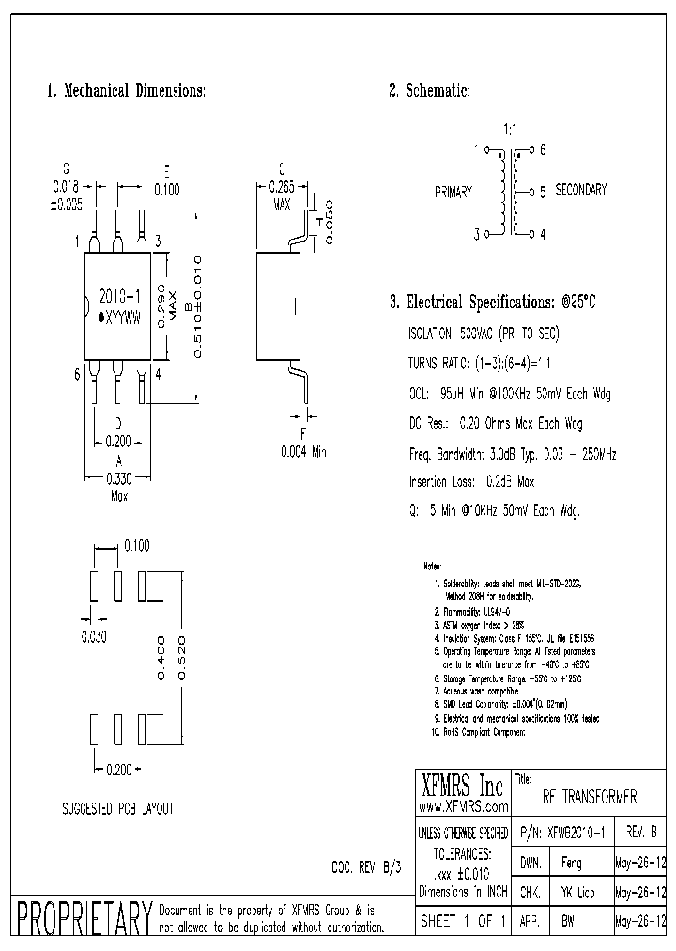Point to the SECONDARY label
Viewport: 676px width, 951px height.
click(581, 190)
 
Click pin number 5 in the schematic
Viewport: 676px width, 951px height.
click(543, 192)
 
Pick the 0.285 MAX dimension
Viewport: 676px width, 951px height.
click(283, 194)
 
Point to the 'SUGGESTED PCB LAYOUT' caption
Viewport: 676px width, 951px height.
click(117, 808)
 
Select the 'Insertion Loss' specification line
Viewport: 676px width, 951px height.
click(471, 482)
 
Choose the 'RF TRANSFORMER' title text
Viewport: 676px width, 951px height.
click(590, 798)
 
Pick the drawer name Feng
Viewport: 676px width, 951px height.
click(570, 864)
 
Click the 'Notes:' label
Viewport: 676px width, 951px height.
click(432, 568)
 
